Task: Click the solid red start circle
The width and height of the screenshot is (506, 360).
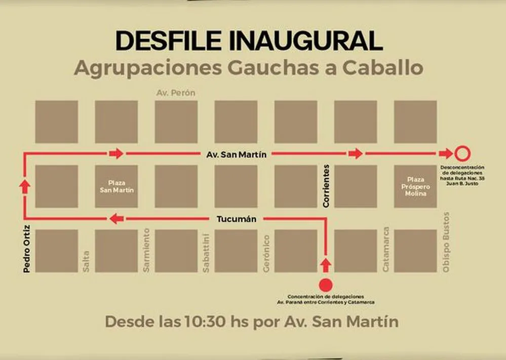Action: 326,285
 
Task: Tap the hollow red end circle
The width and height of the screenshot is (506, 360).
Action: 462,153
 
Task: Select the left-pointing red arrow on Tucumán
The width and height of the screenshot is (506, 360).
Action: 116,219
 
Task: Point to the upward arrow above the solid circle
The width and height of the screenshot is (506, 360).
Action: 326,264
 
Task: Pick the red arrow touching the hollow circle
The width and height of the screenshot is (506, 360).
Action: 446,153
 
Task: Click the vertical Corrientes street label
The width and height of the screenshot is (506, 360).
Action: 326,185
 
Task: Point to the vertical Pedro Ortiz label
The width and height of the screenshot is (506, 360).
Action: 26,248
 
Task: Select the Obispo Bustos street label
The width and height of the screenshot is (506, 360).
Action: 446,242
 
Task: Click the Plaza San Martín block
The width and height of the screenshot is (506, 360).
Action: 116,186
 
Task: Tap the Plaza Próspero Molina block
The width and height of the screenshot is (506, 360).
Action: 415,186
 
